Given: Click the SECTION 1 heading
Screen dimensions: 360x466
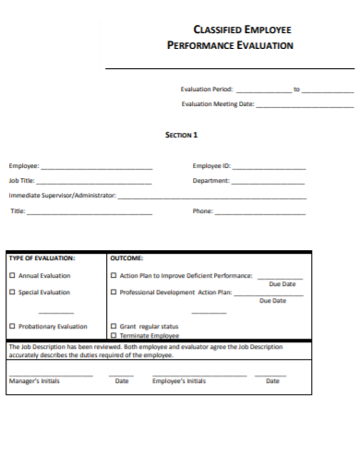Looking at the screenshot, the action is [x=181, y=135].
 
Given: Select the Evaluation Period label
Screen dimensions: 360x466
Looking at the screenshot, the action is [x=207, y=90].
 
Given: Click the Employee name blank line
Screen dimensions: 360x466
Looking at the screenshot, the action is [x=97, y=169].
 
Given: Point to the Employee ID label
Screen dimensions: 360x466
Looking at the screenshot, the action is [x=211, y=166].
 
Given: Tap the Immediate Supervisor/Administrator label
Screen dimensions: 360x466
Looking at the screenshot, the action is [x=63, y=196].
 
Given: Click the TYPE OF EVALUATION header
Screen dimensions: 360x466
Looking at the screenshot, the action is [x=42, y=259].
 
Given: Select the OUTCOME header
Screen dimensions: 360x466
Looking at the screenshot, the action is [x=126, y=259].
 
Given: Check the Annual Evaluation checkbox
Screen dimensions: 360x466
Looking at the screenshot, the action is [x=12, y=276].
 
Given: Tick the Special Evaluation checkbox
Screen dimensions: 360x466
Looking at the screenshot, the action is [x=12, y=293].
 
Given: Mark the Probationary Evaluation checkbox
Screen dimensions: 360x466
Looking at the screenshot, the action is [x=12, y=327].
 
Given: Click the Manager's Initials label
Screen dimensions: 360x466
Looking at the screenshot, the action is [x=34, y=381].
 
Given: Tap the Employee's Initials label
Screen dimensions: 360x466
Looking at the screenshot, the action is [x=179, y=381].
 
